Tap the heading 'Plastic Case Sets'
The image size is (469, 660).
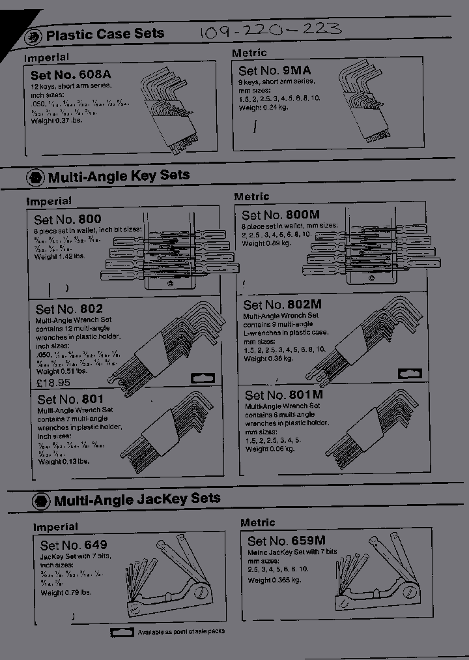(105, 35)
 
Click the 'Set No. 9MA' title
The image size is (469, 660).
(274, 70)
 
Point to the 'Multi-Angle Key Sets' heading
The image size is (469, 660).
(119, 176)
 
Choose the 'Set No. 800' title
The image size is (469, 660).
(68, 220)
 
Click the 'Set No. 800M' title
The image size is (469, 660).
(280, 215)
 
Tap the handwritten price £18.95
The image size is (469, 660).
(53, 383)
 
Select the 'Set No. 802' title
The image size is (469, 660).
(69, 309)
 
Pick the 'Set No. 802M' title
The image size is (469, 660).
(283, 305)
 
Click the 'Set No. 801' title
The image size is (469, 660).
(70, 399)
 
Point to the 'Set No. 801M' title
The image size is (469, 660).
(284, 395)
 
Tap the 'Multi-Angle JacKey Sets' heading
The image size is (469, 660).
(137, 500)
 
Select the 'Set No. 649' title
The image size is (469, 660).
(74, 545)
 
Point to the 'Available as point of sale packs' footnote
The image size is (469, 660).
(180, 632)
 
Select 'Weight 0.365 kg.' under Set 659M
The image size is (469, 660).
(274, 580)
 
